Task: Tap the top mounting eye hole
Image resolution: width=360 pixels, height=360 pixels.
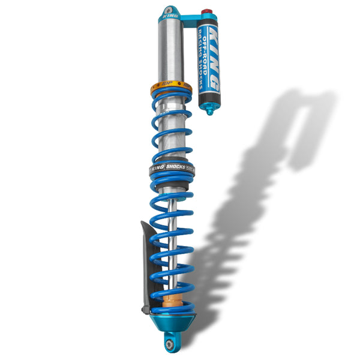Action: click(x=169, y=11)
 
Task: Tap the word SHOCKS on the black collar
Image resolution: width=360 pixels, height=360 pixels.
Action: click(x=176, y=168)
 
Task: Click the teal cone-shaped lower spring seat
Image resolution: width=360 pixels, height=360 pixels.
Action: click(x=172, y=322)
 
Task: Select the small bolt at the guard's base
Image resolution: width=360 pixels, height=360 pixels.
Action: click(x=145, y=310)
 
